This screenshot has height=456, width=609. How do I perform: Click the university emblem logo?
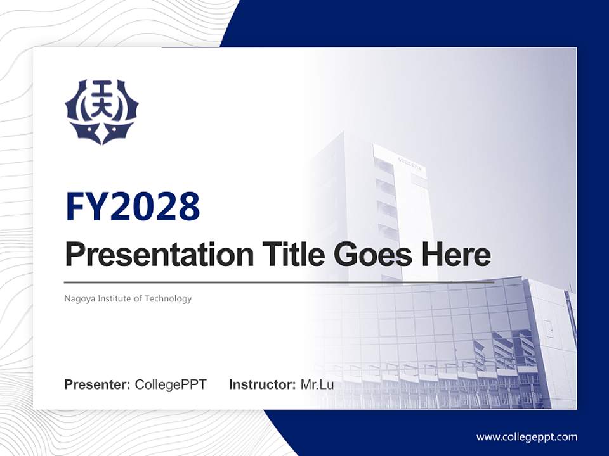pos(101,111)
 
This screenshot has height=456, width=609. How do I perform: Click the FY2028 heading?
pos(133,206)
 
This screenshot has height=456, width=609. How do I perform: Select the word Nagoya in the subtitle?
pos(78,298)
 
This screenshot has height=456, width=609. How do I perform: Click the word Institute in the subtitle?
pos(114,298)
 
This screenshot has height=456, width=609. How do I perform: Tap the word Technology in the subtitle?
pos(168,298)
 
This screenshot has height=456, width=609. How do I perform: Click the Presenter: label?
pos(98,384)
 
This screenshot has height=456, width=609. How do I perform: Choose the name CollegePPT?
pos(171,384)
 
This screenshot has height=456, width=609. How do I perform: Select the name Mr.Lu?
pos(317,384)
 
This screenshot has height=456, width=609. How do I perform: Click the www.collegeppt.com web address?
pos(527,436)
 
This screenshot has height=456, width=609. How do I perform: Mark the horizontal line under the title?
pos(279,282)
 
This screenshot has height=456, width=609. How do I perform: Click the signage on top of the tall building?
pos(409,160)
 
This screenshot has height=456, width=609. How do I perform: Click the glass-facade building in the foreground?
pos(457,342)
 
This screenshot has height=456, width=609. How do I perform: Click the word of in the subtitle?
pos(140,298)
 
